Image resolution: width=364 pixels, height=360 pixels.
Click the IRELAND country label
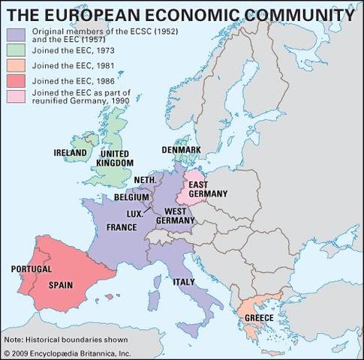pos(71,152)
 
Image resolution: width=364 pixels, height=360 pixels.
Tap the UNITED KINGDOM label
pos(116,157)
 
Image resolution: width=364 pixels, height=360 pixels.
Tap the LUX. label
pos(135,214)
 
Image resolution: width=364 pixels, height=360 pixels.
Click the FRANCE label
pos(122,227)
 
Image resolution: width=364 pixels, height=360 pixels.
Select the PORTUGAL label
pos(31,268)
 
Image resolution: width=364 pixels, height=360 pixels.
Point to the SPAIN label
pos(61,285)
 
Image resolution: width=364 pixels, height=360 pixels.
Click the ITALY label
pos(185,282)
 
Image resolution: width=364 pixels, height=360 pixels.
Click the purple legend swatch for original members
pos(17,33)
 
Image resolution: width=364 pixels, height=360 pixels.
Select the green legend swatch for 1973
pos(17,50)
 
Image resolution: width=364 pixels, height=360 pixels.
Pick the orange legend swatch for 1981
pos(17,65)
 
